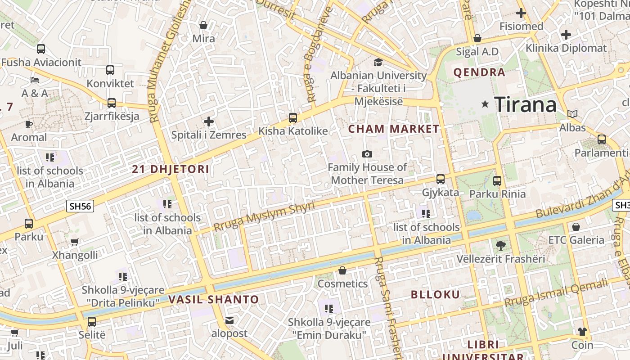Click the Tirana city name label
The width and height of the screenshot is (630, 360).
point(526,104)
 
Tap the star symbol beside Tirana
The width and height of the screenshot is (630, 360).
point(485,104)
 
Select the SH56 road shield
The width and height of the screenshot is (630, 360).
point(80,207)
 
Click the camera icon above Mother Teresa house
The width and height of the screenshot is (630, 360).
point(367,154)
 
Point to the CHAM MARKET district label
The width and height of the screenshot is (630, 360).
point(394,129)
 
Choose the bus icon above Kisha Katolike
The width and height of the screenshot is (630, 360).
point(293,118)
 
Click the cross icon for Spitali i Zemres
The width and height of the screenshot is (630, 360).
point(209,121)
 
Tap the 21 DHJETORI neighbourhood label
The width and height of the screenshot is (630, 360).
point(171,169)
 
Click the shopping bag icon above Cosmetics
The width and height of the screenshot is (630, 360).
point(342,270)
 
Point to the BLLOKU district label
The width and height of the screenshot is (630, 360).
point(436,295)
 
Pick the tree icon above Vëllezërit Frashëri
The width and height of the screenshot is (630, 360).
point(500,246)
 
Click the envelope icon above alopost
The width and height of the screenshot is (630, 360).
point(229,320)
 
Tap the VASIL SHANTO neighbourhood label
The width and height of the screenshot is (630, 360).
point(214,299)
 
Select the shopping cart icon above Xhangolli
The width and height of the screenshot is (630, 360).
point(75,242)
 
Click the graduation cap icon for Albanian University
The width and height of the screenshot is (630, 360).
point(378,62)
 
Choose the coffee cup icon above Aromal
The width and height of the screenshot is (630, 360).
point(29,124)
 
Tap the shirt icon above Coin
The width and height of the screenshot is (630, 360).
point(582,332)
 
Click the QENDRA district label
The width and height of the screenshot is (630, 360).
point(479,72)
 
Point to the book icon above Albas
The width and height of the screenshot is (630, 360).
point(572,114)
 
